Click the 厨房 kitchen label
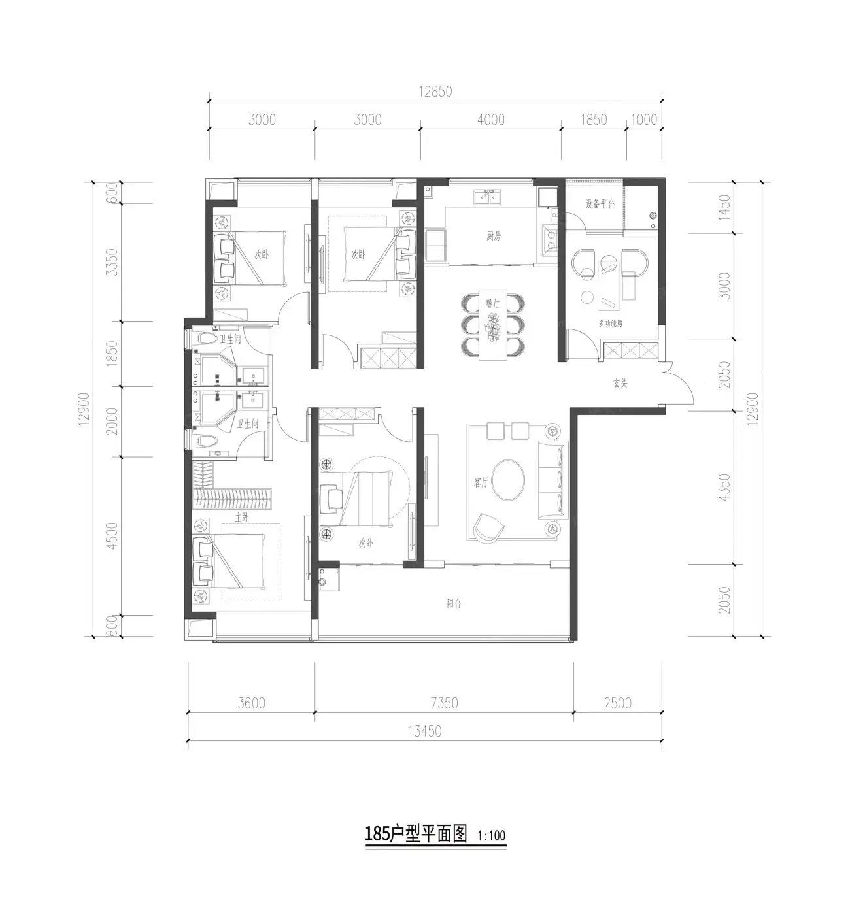coord(493,236)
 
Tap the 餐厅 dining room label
coord(492,303)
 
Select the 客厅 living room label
coord(481,482)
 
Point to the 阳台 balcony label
coord(454,603)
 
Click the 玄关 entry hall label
coord(620,384)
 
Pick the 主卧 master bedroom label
coord(242,517)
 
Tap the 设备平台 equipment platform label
coord(600,204)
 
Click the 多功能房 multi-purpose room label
coord(611,324)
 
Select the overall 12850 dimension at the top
coord(435,91)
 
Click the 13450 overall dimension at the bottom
coord(425,731)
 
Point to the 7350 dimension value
coord(444,703)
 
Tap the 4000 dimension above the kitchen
coord(490,120)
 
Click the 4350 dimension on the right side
coord(724,488)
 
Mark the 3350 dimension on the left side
coord(112,262)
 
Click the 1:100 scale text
coord(491,835)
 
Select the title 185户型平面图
coord(416,834)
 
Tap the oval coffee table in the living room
coord(508,480)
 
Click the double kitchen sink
coord(487,197)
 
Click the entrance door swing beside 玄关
coord(679,382)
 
